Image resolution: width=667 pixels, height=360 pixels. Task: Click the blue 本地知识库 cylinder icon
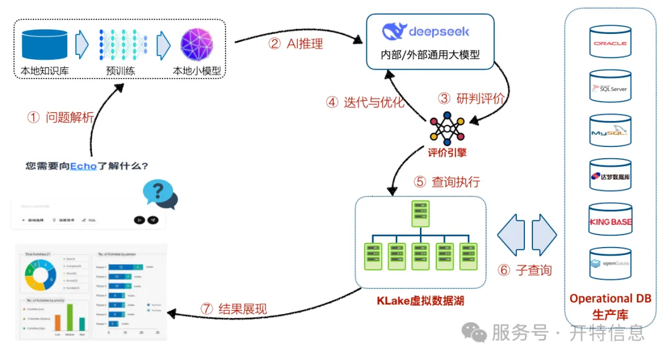tap(44, 44)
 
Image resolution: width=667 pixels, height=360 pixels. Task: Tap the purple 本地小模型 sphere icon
tap(196, 44)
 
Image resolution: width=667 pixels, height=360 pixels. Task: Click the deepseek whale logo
tap(393, 31)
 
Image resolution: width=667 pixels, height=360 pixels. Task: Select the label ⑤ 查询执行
tap(446, 182)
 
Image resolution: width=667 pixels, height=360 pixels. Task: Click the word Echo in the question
tap(83, 166)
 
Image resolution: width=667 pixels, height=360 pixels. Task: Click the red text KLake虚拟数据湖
tap(420, 301)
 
